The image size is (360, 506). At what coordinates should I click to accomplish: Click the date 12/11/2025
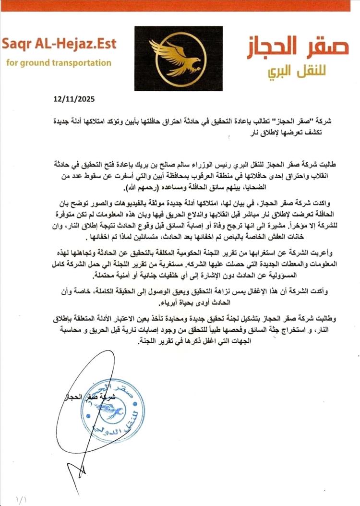coord(74,100)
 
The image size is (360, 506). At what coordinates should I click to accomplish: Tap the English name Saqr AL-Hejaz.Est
coord(59,44)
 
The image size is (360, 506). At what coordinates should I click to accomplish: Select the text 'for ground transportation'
coord(59,63)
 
